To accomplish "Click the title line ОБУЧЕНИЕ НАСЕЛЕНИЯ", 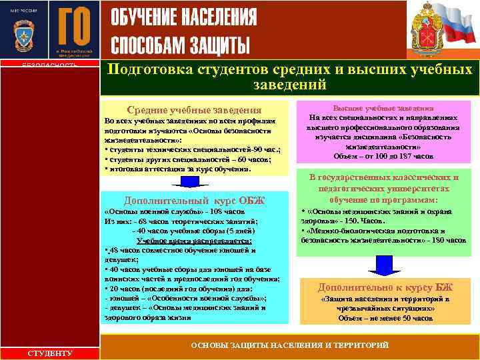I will [183, 18].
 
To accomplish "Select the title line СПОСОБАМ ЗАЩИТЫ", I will [180, 44].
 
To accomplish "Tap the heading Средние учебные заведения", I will [194, 110].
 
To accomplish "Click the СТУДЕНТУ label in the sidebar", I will [51, 353].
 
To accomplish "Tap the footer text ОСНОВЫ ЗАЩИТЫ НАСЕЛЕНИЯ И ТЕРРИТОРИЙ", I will [289, 345].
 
